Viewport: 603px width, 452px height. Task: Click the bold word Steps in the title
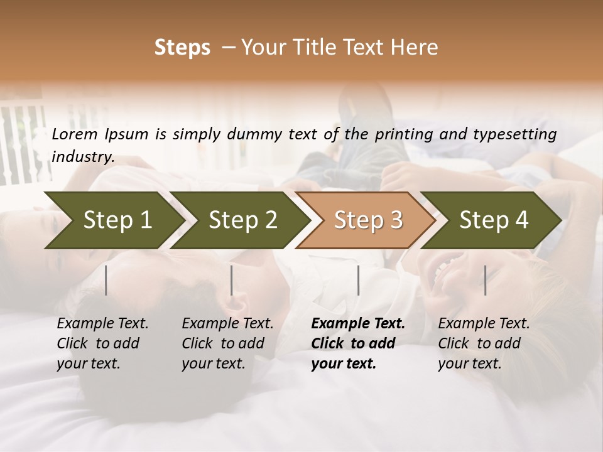(182, 47)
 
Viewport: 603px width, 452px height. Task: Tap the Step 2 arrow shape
(242, 220)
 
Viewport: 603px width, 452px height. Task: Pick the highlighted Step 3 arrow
(368, 220)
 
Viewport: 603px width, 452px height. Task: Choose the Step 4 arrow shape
(494, 220)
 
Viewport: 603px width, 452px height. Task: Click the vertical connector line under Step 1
(106, 280)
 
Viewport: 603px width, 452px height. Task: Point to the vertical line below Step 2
(232, 280)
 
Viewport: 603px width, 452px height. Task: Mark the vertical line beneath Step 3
(358, 280)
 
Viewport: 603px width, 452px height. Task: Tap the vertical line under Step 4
(485, 280)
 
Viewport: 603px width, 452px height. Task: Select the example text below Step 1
(102, 343)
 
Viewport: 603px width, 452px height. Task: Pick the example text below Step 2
(227, 343)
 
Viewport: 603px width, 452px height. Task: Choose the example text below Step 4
(484, 343)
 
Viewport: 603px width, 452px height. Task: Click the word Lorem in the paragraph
(76, 134)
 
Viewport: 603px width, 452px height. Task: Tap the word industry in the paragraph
(83, 156)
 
